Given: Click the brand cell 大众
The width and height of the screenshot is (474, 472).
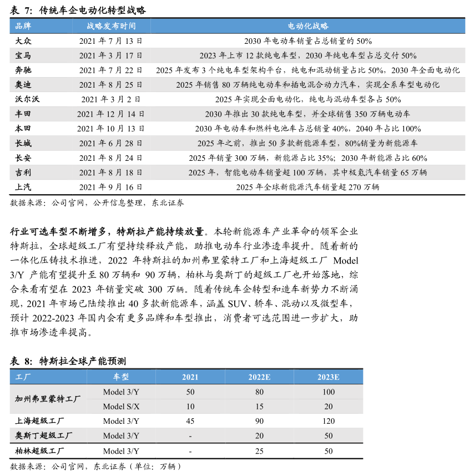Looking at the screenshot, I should point(24,40).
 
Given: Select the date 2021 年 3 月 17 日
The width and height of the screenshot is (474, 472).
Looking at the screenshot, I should point(110,55).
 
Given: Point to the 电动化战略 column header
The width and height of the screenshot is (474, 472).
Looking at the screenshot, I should point(308,26).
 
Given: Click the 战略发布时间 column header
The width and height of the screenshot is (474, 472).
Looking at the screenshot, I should point(110,26).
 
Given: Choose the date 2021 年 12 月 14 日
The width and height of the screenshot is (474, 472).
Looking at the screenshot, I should point(110,114).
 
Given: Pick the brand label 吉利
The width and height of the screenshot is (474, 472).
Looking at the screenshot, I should point(24,172).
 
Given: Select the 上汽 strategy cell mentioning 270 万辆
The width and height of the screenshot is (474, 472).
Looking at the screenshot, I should point(307,187).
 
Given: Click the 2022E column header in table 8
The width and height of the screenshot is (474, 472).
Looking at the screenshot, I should point(259,377).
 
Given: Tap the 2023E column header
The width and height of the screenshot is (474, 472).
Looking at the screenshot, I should point(329,377).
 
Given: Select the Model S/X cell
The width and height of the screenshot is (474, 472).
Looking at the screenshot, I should point(121,407).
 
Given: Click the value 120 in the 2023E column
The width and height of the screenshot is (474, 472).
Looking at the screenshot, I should point(329,421).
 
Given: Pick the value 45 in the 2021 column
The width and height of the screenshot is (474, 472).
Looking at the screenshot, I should point(190,421).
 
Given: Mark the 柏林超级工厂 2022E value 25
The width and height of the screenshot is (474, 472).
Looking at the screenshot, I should point(259,451).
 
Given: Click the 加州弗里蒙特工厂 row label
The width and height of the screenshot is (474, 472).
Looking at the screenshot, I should point(48,399).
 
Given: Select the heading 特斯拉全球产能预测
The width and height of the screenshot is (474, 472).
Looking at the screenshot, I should point(83,361).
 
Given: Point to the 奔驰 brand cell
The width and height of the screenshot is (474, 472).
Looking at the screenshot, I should point(24,70).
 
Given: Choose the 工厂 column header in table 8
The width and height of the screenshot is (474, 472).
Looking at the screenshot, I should point(23,377).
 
